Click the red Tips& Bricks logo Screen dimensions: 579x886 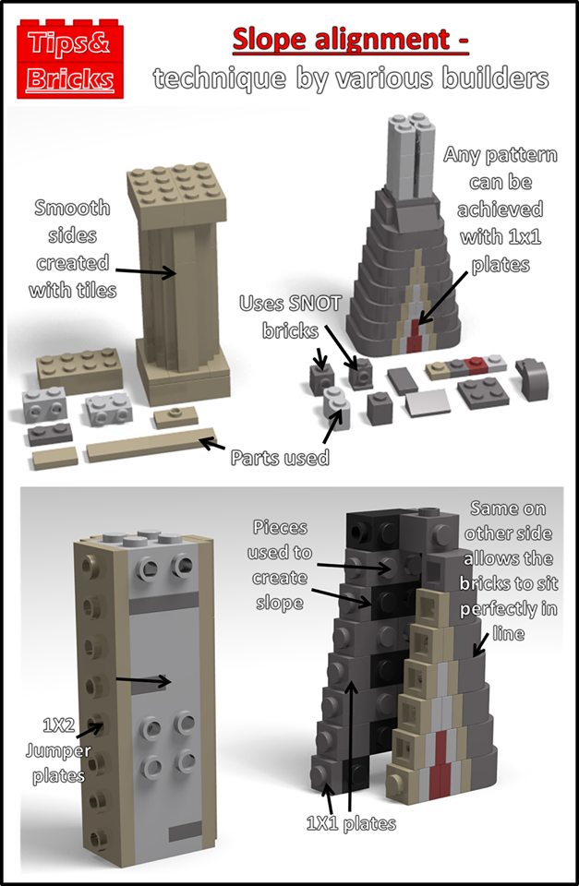(x=70, y=59)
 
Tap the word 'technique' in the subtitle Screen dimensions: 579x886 (x=220, y=78)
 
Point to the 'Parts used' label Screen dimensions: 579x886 (x=280, y=457)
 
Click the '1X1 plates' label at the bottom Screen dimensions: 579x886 (x=351, y=823)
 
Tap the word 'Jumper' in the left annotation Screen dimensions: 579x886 (x=58, y=750)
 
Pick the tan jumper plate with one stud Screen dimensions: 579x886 (x=175, y=417)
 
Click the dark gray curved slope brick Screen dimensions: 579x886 (x=533, y=378)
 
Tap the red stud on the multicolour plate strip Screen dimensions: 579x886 (x=475, y=365)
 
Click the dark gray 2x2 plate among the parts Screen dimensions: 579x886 (x=483, y=393)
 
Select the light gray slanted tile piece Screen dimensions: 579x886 (x=428, y=404)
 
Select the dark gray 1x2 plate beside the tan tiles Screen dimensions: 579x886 (x=50, y=434)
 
